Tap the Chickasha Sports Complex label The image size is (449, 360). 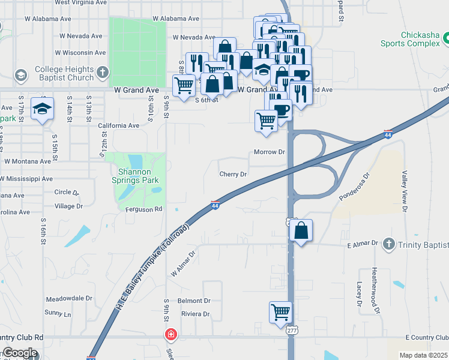click(x=411, y=39)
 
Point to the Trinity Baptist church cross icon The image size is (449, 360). click(x=389, y=244)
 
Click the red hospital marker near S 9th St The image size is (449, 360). click(x=171, y=334)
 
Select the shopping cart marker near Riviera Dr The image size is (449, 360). click(x=280, y=313)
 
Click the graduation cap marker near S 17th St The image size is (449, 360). click(x=42, y=109)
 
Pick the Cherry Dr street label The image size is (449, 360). click(x=234, y=174)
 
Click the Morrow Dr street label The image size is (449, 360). click(x=269, y=152)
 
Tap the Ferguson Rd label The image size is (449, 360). click(x=144, y=209)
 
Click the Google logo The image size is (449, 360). click(x=20, y=353)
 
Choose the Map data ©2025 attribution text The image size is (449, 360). click(x=423, y=355)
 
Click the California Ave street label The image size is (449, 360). click(x=118, y=126)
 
